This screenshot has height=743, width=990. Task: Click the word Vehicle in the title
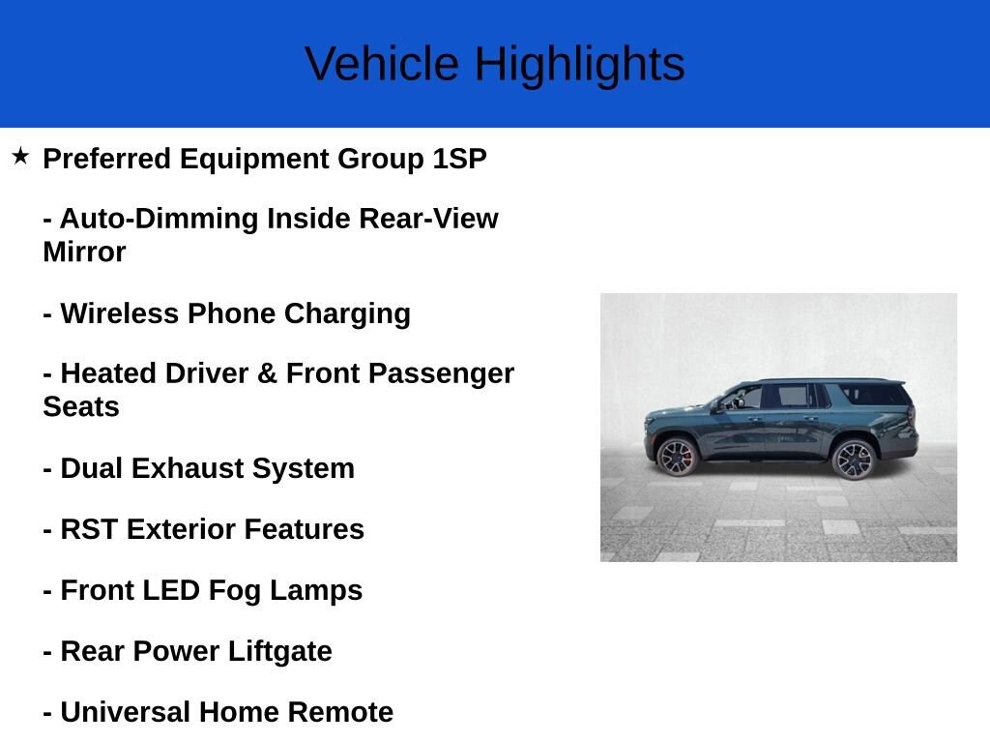pyautogui.click(x=382, y=64)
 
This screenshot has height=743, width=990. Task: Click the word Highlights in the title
pyautogui.click(x=580, y=66)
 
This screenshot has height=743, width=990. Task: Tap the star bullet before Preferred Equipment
pyautogui.click(x=20, y=156)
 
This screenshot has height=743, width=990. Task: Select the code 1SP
pyautogui.click(x=459, y=159)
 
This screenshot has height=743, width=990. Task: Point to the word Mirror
pyautogui.click(x=85, y=253)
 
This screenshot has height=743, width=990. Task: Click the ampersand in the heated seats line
pyautogui.click(x=267, y=373)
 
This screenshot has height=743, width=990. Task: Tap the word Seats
pyautogui.click(x=81, y=407)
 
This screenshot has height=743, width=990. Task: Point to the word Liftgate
pyautogui.click(x=279, y=652)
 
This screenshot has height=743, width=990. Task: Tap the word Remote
pyautogui.click(x=341, y=712)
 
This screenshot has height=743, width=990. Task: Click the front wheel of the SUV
pyautogui.click(x=677, y=457)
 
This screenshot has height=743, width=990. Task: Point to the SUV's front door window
pyautogui.click(x=743, y=398)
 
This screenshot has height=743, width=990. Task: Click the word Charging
pyautogui.click(x=347, y=314)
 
